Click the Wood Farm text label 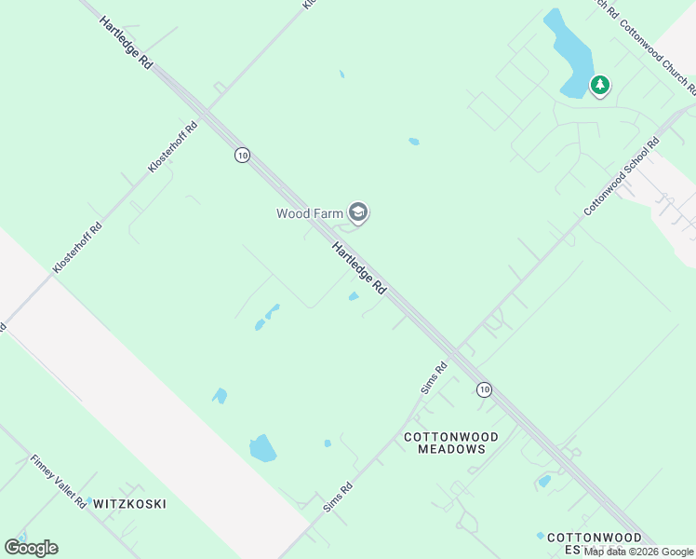click(309, 213)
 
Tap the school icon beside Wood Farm click(358, 213)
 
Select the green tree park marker click(600, 86)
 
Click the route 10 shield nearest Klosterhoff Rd click(242, 156)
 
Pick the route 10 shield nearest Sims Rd click(484, 389)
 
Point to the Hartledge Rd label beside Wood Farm click(359, 269)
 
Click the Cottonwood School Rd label click(622, 177)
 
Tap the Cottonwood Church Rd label click(657, 57)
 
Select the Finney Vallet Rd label click(58, 481)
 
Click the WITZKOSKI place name click(129, 504)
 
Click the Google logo click(31, 548)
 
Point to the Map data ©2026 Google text click(638, 552)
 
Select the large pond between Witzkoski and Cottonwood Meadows click(262, 449)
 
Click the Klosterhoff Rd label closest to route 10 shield click(173, 147)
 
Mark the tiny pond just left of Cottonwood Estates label click(540, 536)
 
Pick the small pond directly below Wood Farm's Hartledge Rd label click(354, 297)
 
